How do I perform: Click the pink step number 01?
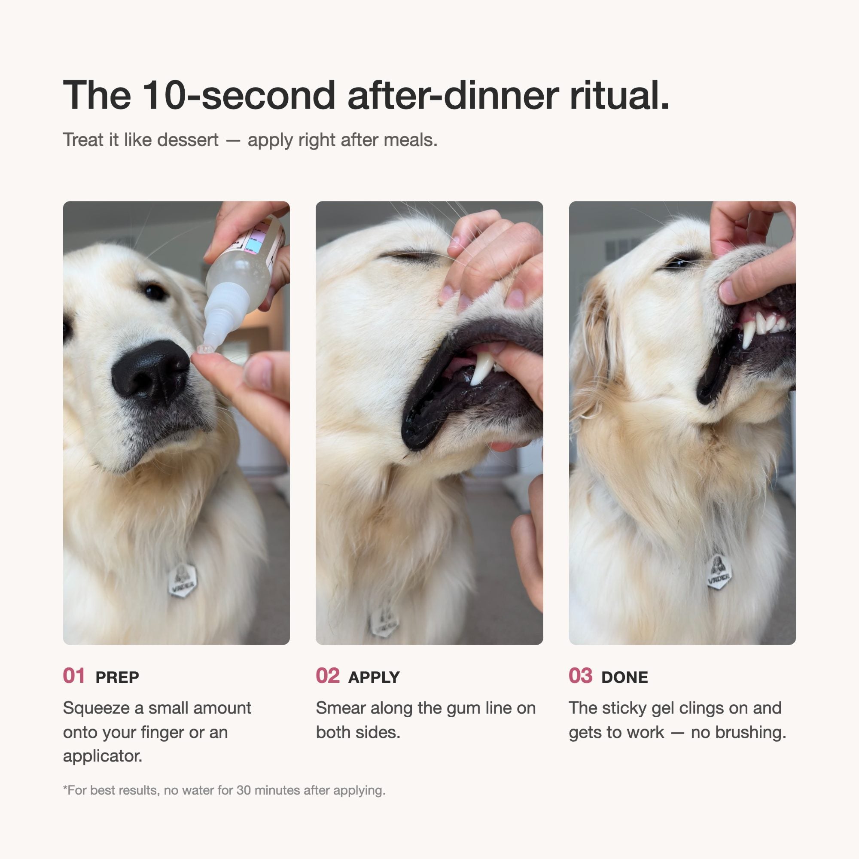pyautogui.click(x=74, y=676)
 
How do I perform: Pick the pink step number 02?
pyautogui.click(x=328, y=676)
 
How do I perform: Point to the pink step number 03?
pyautogui.click(x=581, y=676)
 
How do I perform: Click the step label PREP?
pyautogui.click(x=117, y=677)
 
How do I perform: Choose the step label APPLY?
pyautogui.click(x=374, y=677)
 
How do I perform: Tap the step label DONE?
pyautogui.click(x=624, y=677)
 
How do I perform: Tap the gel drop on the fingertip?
pyautogui.click(x=202, y=350)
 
